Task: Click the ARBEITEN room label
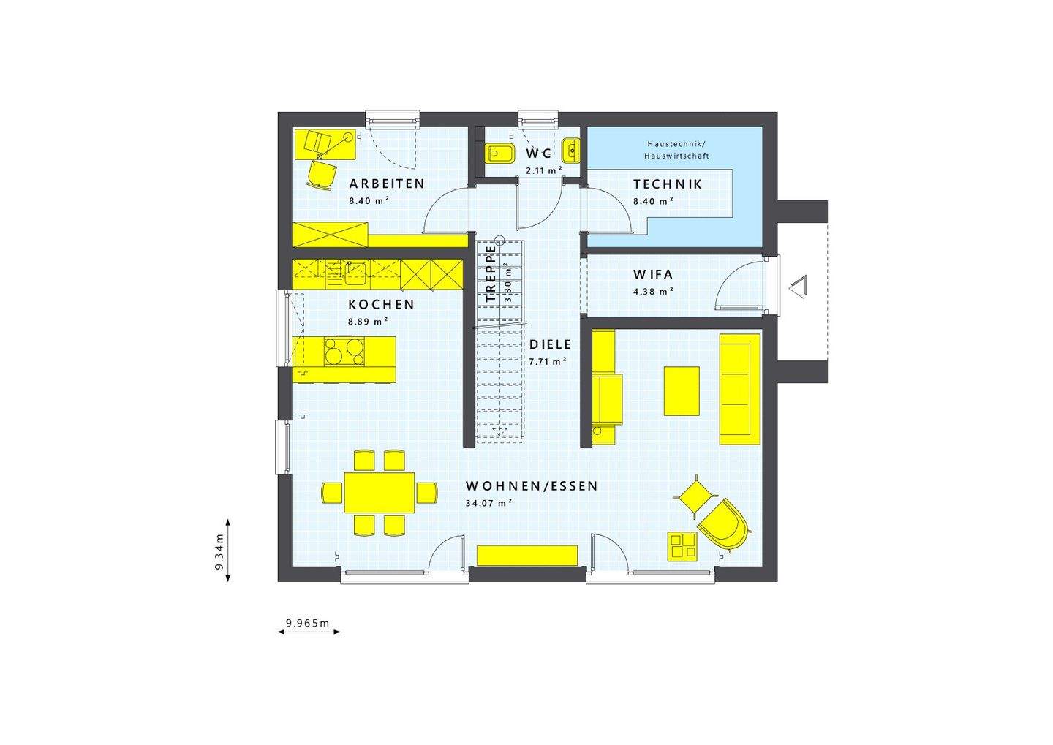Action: click(x=386, y=184)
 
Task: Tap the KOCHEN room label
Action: click(x=381, y=305)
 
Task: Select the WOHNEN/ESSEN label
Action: click(x=532, y=486)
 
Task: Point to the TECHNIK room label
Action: click(x=667, y=184)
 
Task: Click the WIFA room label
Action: click(x=653, y=276)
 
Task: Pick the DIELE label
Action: click(x=550, y=344)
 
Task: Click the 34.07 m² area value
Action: click(x=488, y=503)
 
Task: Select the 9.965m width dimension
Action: click(x=308, y=624)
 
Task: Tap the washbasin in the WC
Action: click(x=570, y=151)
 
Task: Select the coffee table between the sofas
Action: click(x=681, y=390)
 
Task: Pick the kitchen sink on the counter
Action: click(x=355, y=273)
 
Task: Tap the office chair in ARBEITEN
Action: click(x=321, y=175)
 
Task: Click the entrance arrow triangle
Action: click(x=798, y=287)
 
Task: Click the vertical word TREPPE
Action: click(x=491, y=273)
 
